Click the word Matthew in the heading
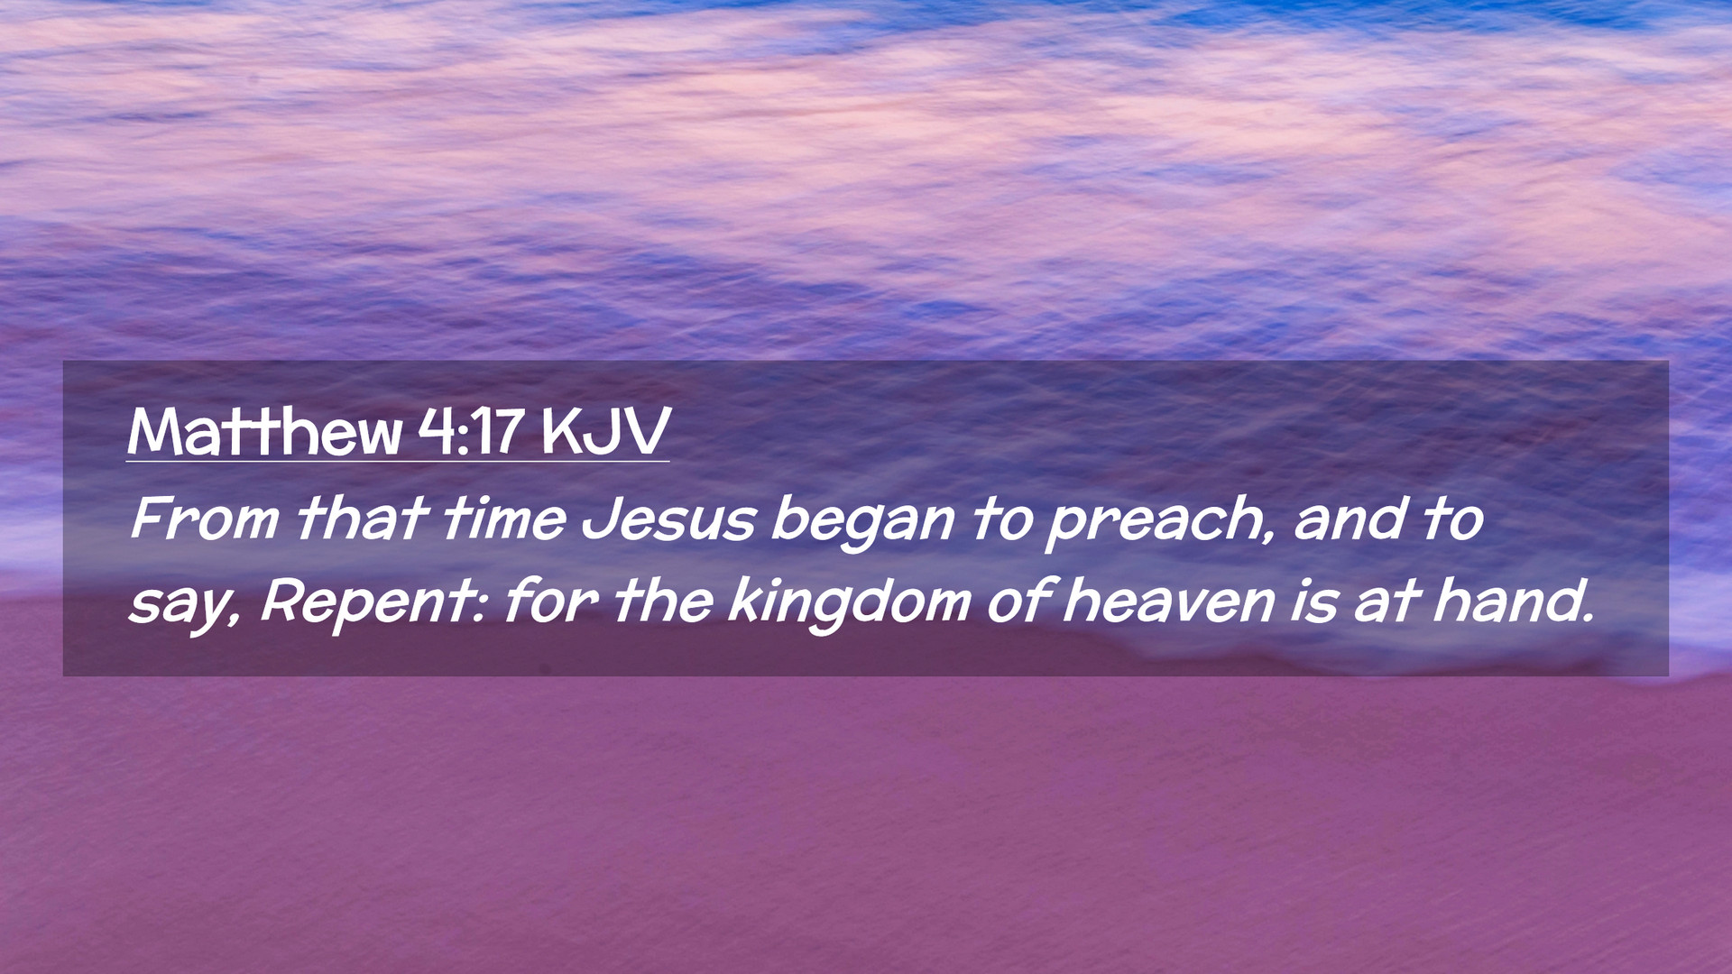(264, 431)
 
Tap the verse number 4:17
(470, 431)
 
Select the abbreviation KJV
(605, 431)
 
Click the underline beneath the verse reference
(398, 462)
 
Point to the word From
(205, 519)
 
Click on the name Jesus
(668, 519)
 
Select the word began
(863, 523)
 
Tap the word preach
(1155, 523)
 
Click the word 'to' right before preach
(1001, 519)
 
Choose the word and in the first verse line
(1349, 519)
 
